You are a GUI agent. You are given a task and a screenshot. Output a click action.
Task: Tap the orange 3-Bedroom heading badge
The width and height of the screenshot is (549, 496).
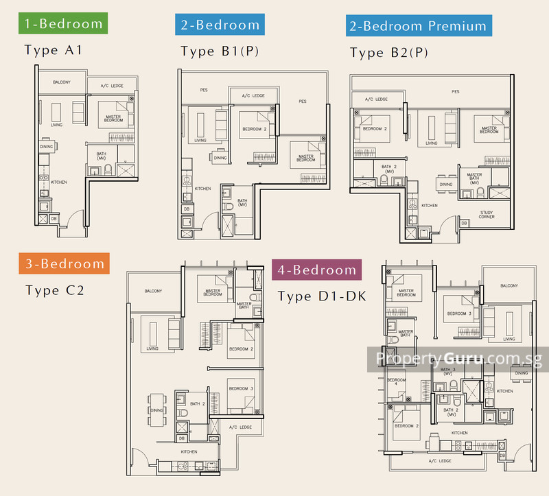click(x=62, y=263)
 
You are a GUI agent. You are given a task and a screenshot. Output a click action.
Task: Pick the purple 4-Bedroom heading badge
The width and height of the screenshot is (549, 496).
click(x=317, y=270)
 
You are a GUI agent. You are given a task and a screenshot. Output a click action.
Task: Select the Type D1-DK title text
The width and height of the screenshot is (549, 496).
click(x=322, y=296)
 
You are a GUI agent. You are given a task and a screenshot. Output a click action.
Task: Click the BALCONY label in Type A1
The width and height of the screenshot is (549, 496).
click(x=62, y=82)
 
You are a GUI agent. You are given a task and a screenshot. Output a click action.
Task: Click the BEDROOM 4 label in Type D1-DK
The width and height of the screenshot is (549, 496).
click(x=396, y=383)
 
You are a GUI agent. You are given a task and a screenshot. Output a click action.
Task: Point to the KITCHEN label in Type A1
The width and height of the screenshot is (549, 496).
click(x=59, y=182)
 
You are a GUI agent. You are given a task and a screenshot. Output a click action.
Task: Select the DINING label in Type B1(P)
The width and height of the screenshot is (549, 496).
click(x=220, y=158)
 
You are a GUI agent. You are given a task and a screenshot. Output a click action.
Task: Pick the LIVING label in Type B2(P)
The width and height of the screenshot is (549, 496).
click(x=431, y=143)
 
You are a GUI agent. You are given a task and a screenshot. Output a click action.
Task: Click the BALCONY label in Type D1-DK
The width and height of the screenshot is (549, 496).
click(x=509, y=285)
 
